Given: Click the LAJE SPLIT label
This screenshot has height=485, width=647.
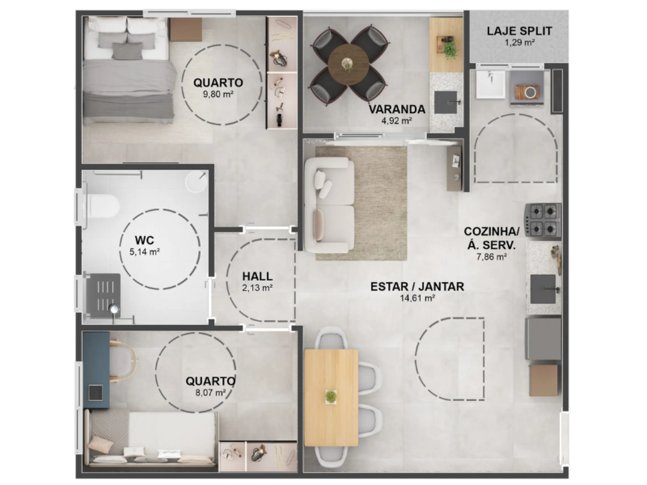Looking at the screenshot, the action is [519, 31].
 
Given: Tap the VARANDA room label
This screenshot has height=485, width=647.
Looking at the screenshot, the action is [397, 109].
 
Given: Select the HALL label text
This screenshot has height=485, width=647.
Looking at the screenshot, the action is [257, 277].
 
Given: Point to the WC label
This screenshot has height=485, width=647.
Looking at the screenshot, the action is [145, 240].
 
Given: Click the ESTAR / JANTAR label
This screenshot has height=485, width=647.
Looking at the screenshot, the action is [417, 287].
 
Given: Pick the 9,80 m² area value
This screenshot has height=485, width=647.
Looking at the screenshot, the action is [218, 94].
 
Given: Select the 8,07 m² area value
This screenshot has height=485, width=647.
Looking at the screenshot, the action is [210, 393].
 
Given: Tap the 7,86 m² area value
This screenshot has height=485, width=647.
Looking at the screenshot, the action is [492, 257].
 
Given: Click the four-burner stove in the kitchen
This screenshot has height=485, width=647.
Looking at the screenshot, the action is [543, 220].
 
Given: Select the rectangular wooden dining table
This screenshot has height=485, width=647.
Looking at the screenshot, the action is [331, 397].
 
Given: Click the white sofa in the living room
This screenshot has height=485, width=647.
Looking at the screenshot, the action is [329, 205].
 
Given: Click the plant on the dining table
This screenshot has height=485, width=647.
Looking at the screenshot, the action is [331, 397].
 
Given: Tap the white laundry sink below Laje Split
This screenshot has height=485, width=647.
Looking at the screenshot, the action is [491, 85].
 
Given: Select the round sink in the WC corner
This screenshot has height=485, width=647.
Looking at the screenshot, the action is [196, 181].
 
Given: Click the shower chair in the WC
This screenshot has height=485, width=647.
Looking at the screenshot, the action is [103, 292].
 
